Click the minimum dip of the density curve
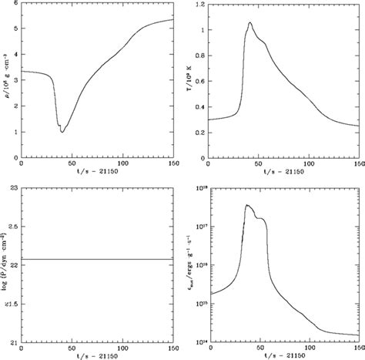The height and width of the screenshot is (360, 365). pos(62,132)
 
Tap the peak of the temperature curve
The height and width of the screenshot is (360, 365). pos(250,23)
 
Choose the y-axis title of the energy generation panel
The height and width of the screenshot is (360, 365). pos(190,266)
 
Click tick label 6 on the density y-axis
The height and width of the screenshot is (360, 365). pos(15,5)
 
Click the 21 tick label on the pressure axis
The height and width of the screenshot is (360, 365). pos(13,341)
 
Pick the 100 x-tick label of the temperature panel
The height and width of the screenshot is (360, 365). pos(308,164)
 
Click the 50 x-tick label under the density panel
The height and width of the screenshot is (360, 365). pos(72,164)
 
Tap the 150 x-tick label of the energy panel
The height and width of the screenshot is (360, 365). pos(357,348)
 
